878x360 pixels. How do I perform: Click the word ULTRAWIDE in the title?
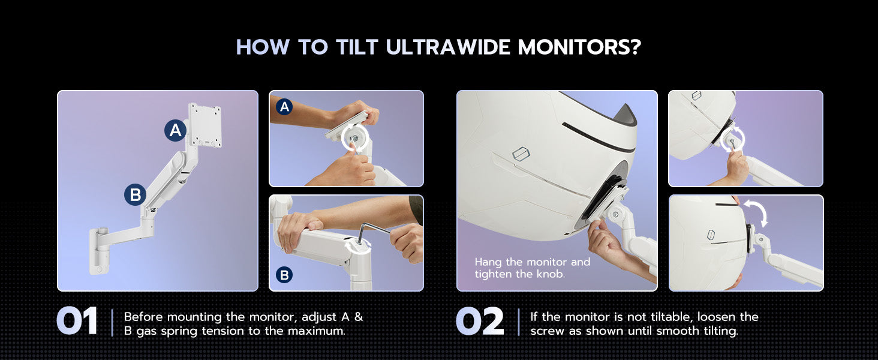(x=448, y=47)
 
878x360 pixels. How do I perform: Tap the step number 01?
(x=77, y=321)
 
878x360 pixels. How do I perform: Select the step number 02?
(x=480, y=321)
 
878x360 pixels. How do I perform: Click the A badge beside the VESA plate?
(x=175, y=130)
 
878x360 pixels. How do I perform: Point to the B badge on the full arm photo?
(x=135, y=194)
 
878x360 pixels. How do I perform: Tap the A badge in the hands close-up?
(x=284, y=107)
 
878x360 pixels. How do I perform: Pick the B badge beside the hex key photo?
(x=284, y=275)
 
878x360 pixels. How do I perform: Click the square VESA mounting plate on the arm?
(x=205, y=125)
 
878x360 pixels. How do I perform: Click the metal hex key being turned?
(x=374, y=232)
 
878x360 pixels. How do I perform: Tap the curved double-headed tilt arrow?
(x=756, y=213)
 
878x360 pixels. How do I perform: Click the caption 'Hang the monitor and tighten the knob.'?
(x=533, y=268)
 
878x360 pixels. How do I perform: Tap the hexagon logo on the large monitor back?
(x=521, y=154)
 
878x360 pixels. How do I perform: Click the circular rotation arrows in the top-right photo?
(x=732, y=138)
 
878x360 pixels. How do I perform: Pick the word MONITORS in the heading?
(x=573, y=47)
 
